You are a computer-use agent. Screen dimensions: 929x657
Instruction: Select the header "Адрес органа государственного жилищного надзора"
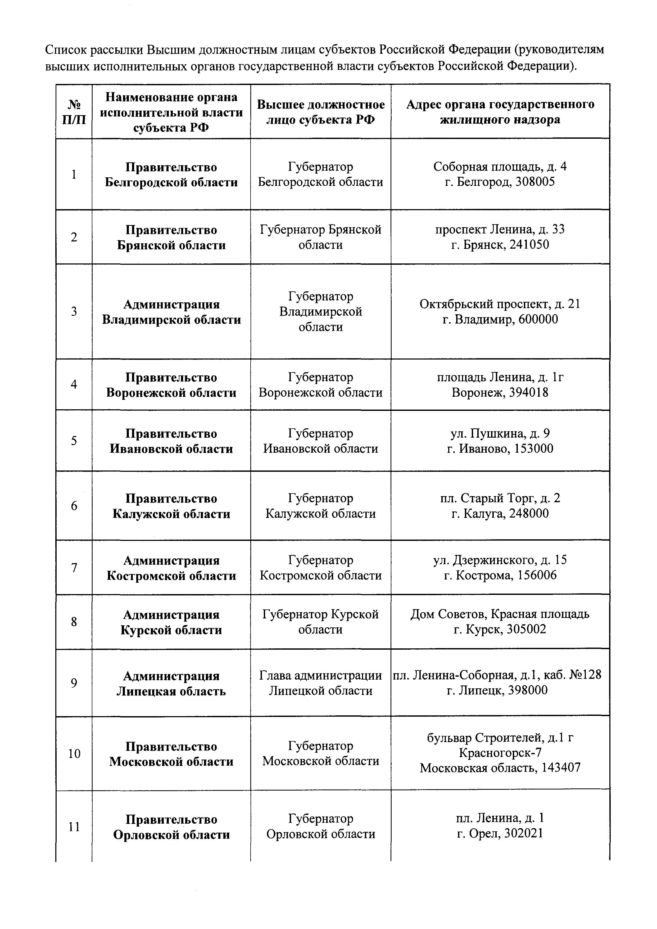pos(500,112)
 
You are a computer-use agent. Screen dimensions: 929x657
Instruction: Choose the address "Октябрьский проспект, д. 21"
pos(500,304)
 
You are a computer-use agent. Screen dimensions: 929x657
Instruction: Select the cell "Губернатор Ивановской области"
pos(320,441)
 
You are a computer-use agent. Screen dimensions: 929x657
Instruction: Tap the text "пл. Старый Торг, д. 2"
pos(500,498)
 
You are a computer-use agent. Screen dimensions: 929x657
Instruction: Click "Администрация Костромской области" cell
pos(171,568)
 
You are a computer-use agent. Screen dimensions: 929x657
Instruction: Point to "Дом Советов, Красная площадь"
pos(500,614)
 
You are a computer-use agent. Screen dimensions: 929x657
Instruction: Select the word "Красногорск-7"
pos(500,752)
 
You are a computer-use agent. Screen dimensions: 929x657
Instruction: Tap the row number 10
pos(74,753)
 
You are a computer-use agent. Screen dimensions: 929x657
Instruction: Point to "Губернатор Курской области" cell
pos(320,622)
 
